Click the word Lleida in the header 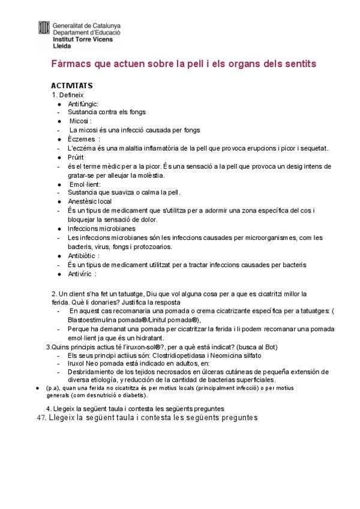click(x=62, y=45)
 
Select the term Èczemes click(x=82, y=139)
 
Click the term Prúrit click(x=77, y=157)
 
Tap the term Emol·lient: click(x=85, y=184)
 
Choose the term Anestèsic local click(x=89, y=202)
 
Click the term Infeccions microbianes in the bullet click(x=101, y=229)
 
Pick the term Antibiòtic click(x=82, y=256)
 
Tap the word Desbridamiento click(x=91, y=373)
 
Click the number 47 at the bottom click(x=41, y=418)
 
